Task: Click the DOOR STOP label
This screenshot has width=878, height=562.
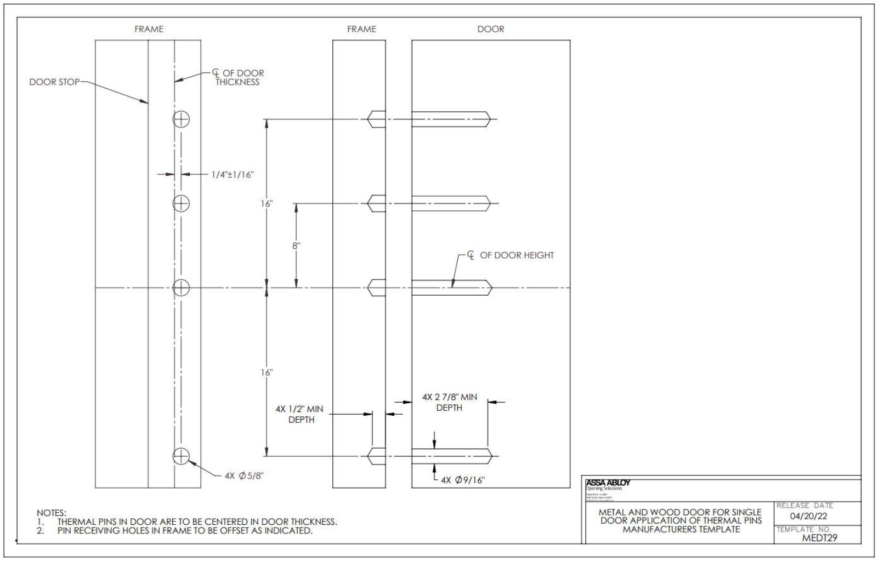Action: click(x=54, y=82)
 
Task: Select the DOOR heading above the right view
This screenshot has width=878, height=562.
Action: click(x=490, y=29)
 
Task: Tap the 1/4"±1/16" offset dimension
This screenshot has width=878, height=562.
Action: click(x=233, y=175)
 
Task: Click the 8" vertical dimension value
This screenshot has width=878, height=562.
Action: click(x=296, y=245)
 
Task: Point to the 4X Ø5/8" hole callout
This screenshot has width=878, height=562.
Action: click(x=245, y=475)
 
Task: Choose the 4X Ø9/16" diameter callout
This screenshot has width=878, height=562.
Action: click(x=463, y=480)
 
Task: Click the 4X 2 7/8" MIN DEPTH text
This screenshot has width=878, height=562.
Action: click(x=449, y=402)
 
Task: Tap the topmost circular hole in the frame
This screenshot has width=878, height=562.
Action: click(x=182, y=119)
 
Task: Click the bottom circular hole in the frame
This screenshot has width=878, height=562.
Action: click(x=182, y=456)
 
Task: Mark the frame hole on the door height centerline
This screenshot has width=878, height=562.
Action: click(x=182, y=287)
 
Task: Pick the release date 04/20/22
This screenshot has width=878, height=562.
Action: click(x=808, y=516)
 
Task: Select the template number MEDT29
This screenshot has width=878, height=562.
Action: click(x=819, y=538)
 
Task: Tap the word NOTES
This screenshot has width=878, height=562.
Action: click(x=52, y=513)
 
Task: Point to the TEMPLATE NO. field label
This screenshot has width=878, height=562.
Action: click(x=803, y=529)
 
